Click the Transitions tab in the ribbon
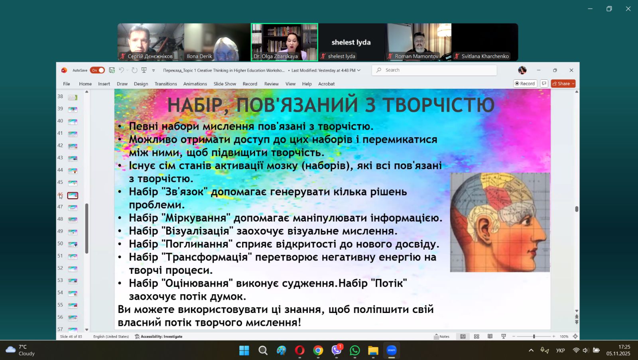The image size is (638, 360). [165, 84]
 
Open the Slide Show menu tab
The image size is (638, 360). [225, 84]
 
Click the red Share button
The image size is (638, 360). [563, 83]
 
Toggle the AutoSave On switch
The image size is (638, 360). [97, 70]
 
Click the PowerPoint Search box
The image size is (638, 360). [434, 70]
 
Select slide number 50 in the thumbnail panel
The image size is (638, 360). [73, 244]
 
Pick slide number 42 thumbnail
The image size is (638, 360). [73, 146]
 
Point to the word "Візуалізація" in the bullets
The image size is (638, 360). [199, 231]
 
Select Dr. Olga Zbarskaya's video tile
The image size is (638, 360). [284, 42]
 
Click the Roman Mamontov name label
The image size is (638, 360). [416, 56]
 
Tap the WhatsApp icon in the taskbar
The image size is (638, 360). [354, 350]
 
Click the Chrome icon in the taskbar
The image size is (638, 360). [318, 350]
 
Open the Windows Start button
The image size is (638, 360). [244, 350]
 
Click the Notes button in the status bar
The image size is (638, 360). [441, 336]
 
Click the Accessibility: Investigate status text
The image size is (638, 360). [159, 336]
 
